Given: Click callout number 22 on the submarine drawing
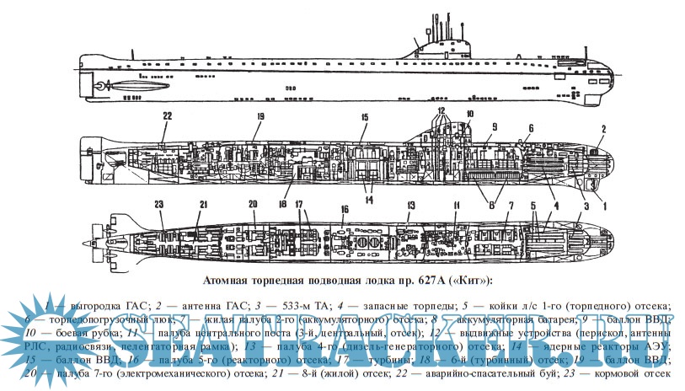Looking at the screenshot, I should point(167,116).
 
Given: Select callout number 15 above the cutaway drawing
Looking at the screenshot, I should point(364,117).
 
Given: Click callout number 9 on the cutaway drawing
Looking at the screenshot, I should point(495,127).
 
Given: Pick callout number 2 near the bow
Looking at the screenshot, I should point(603,128).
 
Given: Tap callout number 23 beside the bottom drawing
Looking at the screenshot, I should point(159,204).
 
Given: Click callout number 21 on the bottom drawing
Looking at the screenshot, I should point(203,204).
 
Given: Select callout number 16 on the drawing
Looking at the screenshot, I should point(344,209).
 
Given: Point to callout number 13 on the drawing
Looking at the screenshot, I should point(412,206).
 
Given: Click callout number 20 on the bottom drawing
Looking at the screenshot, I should point(252,204).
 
